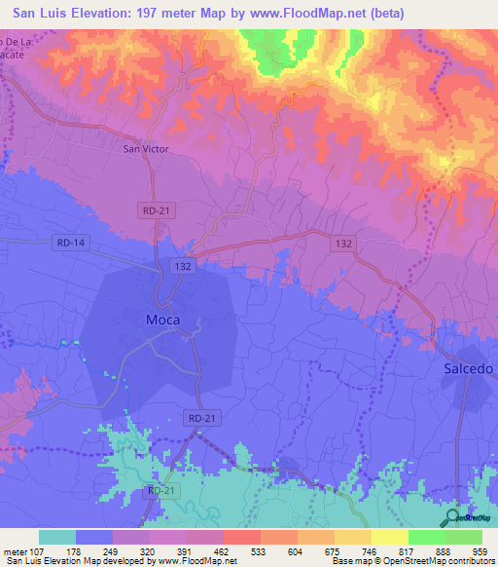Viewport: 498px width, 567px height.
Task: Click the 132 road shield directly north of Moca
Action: [183, 265]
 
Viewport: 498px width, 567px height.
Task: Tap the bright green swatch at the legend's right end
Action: [463, 537]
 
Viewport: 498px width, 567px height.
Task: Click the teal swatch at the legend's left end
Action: [56, 537]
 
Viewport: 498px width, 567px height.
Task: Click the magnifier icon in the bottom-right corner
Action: [451, 518]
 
